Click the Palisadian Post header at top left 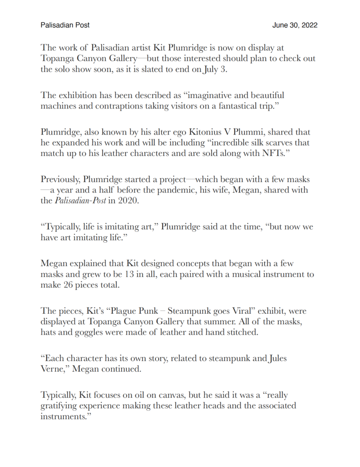(65, 25)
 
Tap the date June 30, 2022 (295, 25)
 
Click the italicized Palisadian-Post (80, 200)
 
